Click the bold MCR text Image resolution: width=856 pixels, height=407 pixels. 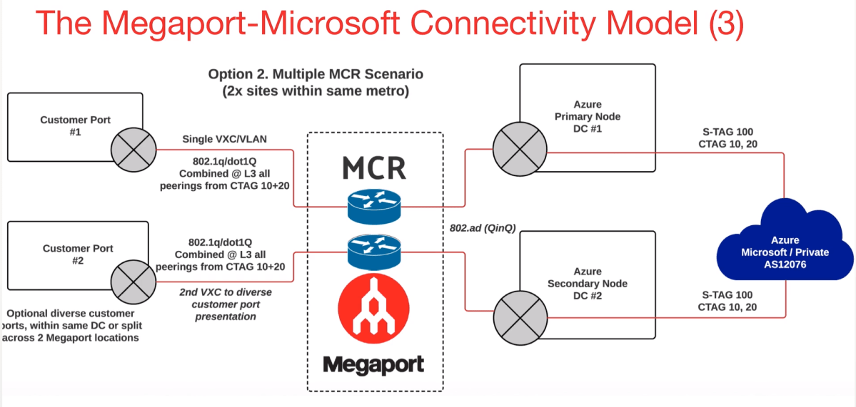(374, 168)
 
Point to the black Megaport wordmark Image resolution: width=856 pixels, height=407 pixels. (373, 365)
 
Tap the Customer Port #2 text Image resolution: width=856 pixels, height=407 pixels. (78, 254)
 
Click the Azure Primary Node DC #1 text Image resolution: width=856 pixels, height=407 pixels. (587, 117)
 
